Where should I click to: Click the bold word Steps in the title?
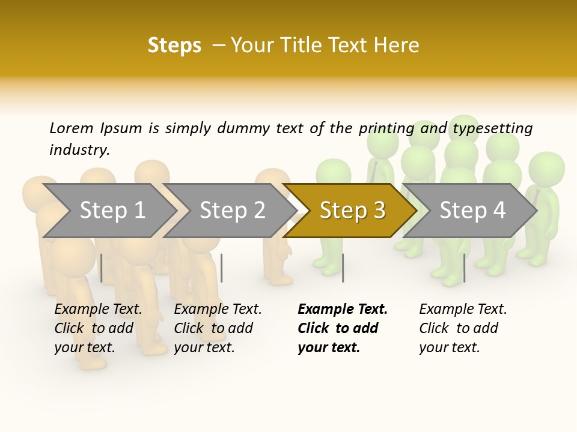tap(174, 45)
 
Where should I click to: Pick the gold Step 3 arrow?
tap(352, 211)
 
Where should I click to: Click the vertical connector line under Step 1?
tap(102, 268)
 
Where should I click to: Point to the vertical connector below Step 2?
tap(222, 268)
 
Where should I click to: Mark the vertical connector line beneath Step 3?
tap(343, 268)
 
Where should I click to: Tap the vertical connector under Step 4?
tap(464, 268)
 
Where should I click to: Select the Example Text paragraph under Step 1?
tap(97, 328)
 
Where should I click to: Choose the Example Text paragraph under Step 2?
tap(217, 328)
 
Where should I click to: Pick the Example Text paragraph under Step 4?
tap(462, 328)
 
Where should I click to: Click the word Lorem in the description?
tap(72, 128)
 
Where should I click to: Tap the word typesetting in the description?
tap(492, 128)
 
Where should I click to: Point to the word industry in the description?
tap(79, 149)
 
